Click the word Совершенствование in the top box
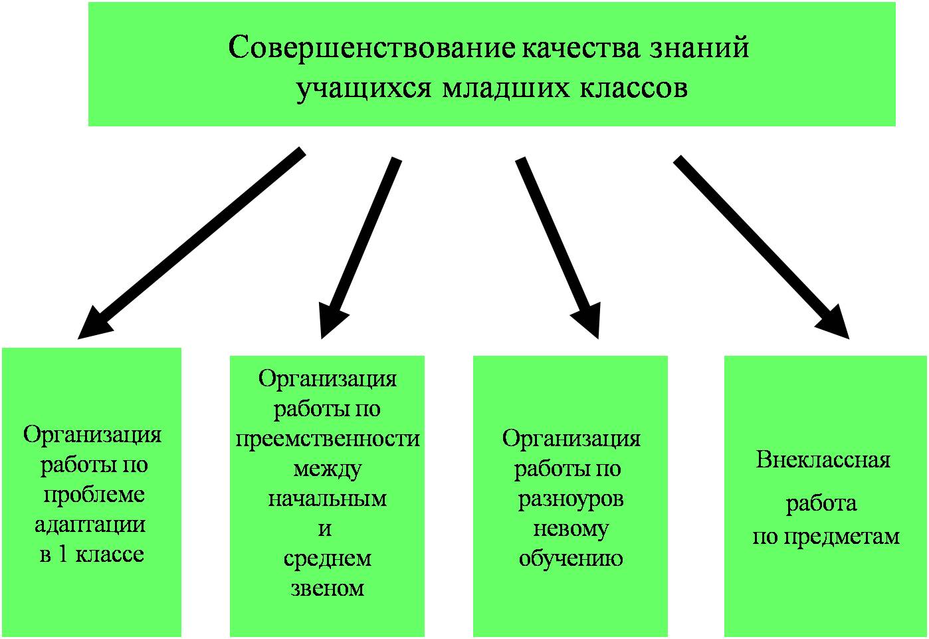(371, 48)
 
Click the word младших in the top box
(505, 89)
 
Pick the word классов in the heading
(633, 89)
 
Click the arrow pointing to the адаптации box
(191, 243)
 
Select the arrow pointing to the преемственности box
(361, 248)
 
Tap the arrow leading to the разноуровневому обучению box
(558, 248)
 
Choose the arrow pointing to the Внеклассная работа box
(761, 247)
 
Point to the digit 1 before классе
(62, 555)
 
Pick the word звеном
(328, 588)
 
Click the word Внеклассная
(823, 460)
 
